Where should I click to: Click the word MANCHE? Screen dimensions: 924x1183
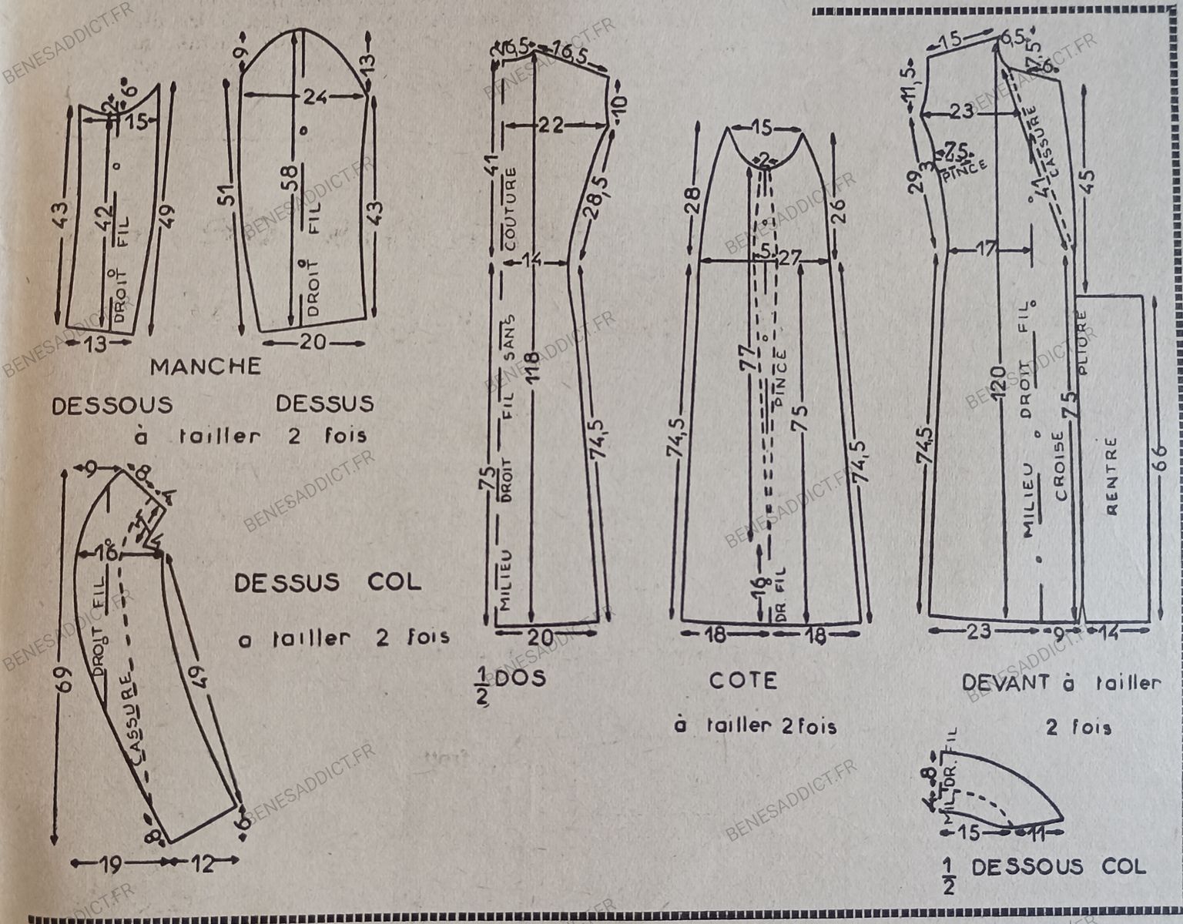pyautogui.click(x=205, y=367)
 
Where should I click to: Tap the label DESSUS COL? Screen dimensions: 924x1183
pyautogui.click(x=328, y=582)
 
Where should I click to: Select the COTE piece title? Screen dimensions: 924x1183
pyautogui.click(x=743, y=680)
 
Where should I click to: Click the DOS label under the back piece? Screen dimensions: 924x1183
pyautogui.click(x=520, y=678)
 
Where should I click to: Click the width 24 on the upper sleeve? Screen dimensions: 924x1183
pyautogui.click(x=313, y=97)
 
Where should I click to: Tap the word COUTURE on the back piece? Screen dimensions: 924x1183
pyautogui.click(x=511, y=208)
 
